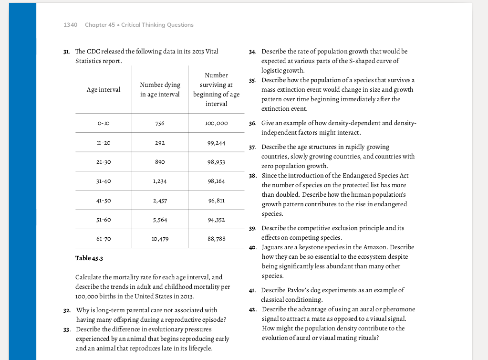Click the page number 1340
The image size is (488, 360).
pos(70,25)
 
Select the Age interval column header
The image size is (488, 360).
pos(104,89)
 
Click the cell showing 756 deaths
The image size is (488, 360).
pos(160,124)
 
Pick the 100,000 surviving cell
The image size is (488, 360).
pos(216,124)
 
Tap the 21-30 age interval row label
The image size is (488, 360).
pos(104,162)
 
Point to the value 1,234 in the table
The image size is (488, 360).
pos(160,181)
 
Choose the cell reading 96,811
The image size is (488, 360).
pos(216,201)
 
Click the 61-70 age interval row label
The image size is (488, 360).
pos(104,239)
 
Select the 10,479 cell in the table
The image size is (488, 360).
pos(160,239)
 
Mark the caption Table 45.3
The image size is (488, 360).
pos(89,258)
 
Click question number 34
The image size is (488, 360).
pos(253,52)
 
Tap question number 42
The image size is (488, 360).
pos(253,309)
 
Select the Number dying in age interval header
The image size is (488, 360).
pos(160,89)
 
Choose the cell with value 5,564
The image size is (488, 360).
pos(160,220)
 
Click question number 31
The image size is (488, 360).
pos(67,52)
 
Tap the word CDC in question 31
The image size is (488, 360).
pos(94,52)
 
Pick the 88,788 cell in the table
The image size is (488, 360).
pos(216,239)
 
